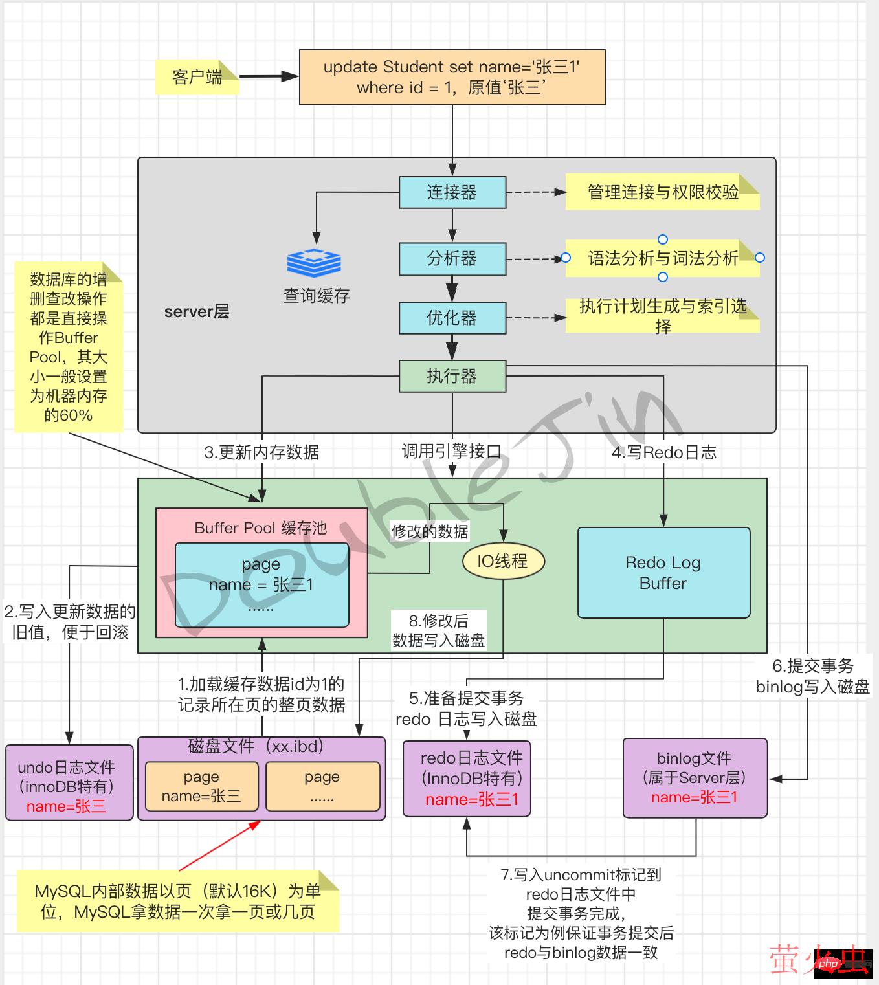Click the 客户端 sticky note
coord(197,77)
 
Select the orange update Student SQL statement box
coord(452,77)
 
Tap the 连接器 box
coord(452,192)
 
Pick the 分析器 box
coord(452,259)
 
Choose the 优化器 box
coord(452,318)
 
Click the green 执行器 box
coord(452,376)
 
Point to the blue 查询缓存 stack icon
coord(314,263)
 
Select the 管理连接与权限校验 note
coord(662,192)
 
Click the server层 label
coord(197,312)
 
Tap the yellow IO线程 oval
coord(503,561)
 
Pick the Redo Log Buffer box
coord(663,573)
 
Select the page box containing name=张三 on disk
coord(201,786)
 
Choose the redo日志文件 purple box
coord(467,779)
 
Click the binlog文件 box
coord(695,778)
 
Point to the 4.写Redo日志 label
coord(664,452)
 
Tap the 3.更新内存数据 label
coord(261,452)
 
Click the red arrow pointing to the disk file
coord(219,845)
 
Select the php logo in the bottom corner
coord(828,964)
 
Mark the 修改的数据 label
coord(429,532)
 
